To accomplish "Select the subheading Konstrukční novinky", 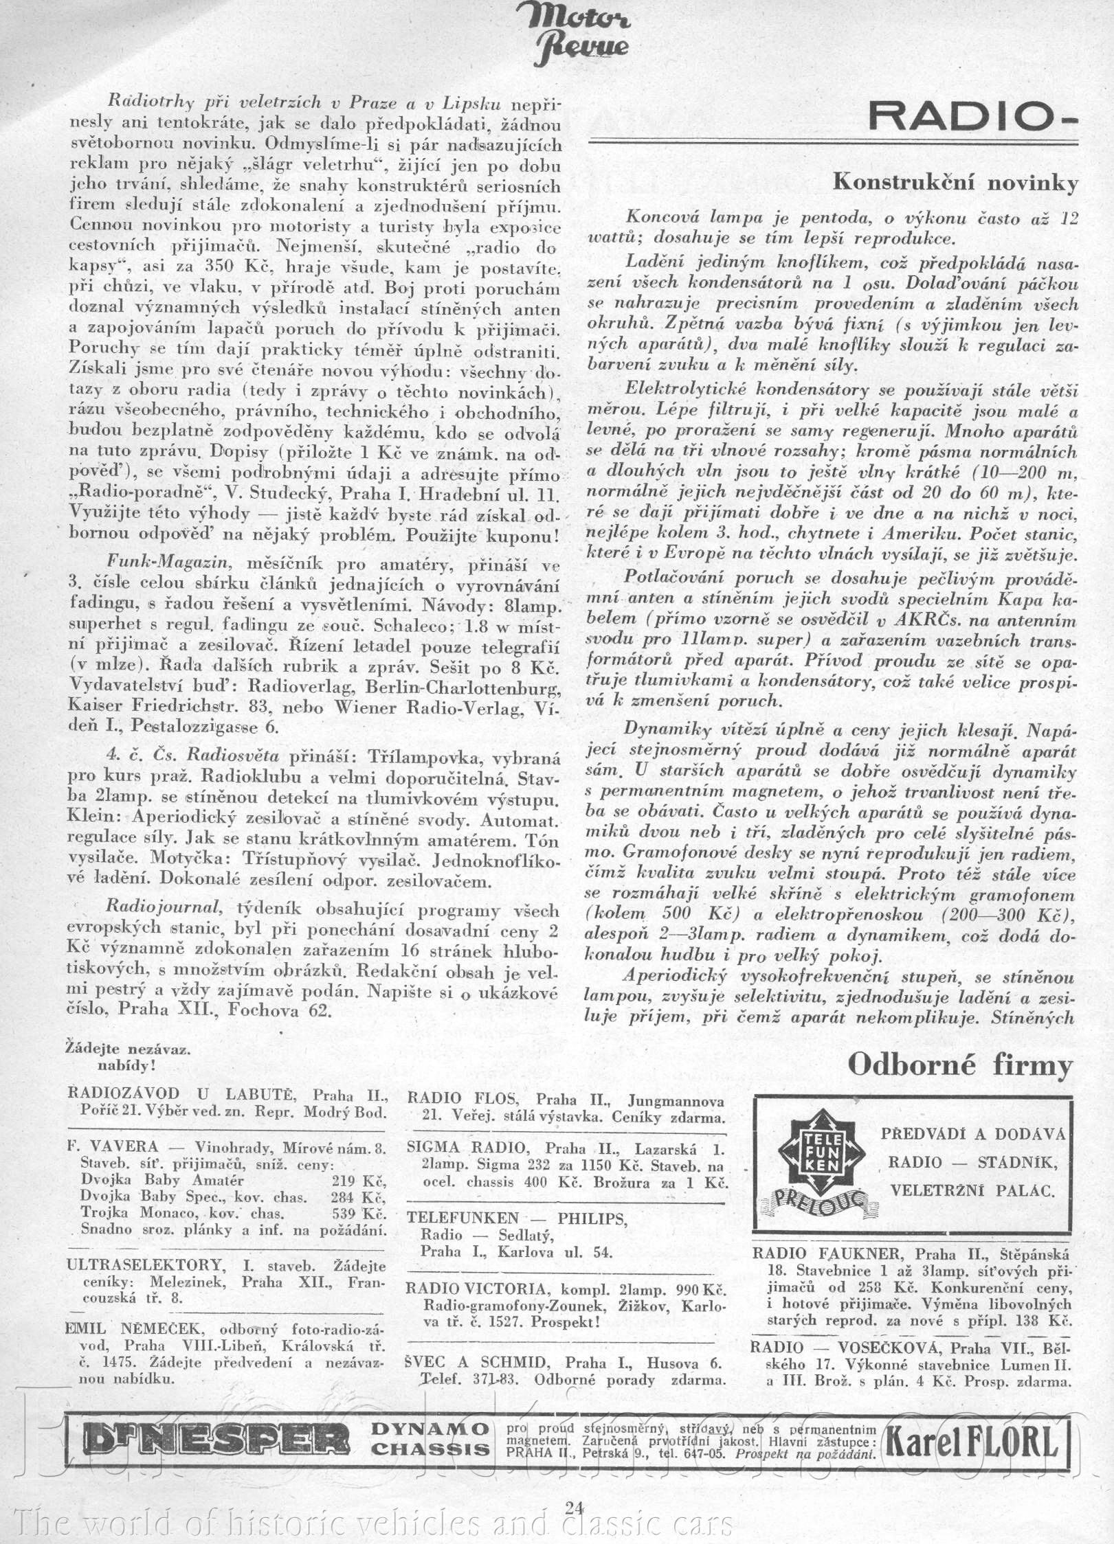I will click(955, 183).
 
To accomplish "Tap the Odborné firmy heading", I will click(960, 1065).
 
